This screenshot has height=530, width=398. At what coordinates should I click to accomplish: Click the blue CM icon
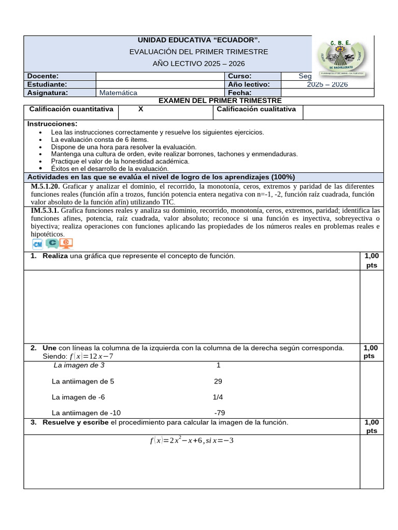37,244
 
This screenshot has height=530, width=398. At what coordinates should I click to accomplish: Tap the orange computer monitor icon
66,244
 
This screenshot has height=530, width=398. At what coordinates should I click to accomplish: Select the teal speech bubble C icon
51,243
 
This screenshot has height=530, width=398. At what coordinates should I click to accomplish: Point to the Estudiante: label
47,84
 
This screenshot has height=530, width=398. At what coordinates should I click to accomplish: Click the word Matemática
119,93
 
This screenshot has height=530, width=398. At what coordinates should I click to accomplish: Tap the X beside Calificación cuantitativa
141,109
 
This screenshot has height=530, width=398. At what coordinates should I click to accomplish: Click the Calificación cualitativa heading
256,109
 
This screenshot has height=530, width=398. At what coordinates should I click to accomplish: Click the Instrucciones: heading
52,124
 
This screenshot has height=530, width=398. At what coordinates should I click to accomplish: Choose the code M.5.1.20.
46,186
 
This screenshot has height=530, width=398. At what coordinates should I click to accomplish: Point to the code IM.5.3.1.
45,211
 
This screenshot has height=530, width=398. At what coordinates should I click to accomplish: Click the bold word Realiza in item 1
55,256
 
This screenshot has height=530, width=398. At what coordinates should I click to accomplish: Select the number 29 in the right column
218,381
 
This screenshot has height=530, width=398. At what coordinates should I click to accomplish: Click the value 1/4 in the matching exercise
218,397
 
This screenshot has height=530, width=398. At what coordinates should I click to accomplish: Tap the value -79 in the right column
220,413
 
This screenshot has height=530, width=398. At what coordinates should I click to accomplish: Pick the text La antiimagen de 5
83,381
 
